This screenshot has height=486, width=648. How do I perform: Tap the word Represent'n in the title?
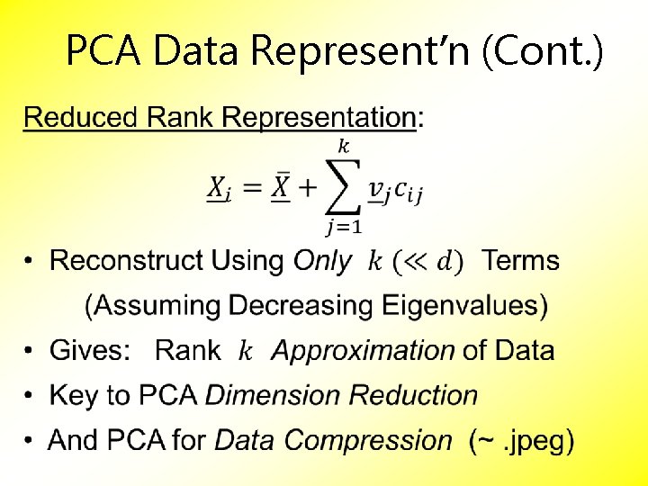(x=362, y=51)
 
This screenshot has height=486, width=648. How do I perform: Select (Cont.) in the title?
(x=544, y=51)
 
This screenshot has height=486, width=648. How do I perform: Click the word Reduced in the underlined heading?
(x=80, y=117)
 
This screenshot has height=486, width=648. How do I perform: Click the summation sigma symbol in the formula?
(x=342, y=188)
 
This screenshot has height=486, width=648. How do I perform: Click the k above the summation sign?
(x=343, y=146)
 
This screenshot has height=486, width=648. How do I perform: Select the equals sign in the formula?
(x=252, y=189)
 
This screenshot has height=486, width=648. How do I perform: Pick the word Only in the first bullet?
(x=322, y=261)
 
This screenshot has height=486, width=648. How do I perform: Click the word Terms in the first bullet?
(x=520, y=261)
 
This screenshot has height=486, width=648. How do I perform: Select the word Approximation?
(x=363, y=351)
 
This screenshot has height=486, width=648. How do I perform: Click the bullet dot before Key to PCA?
(x=30, y=396)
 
